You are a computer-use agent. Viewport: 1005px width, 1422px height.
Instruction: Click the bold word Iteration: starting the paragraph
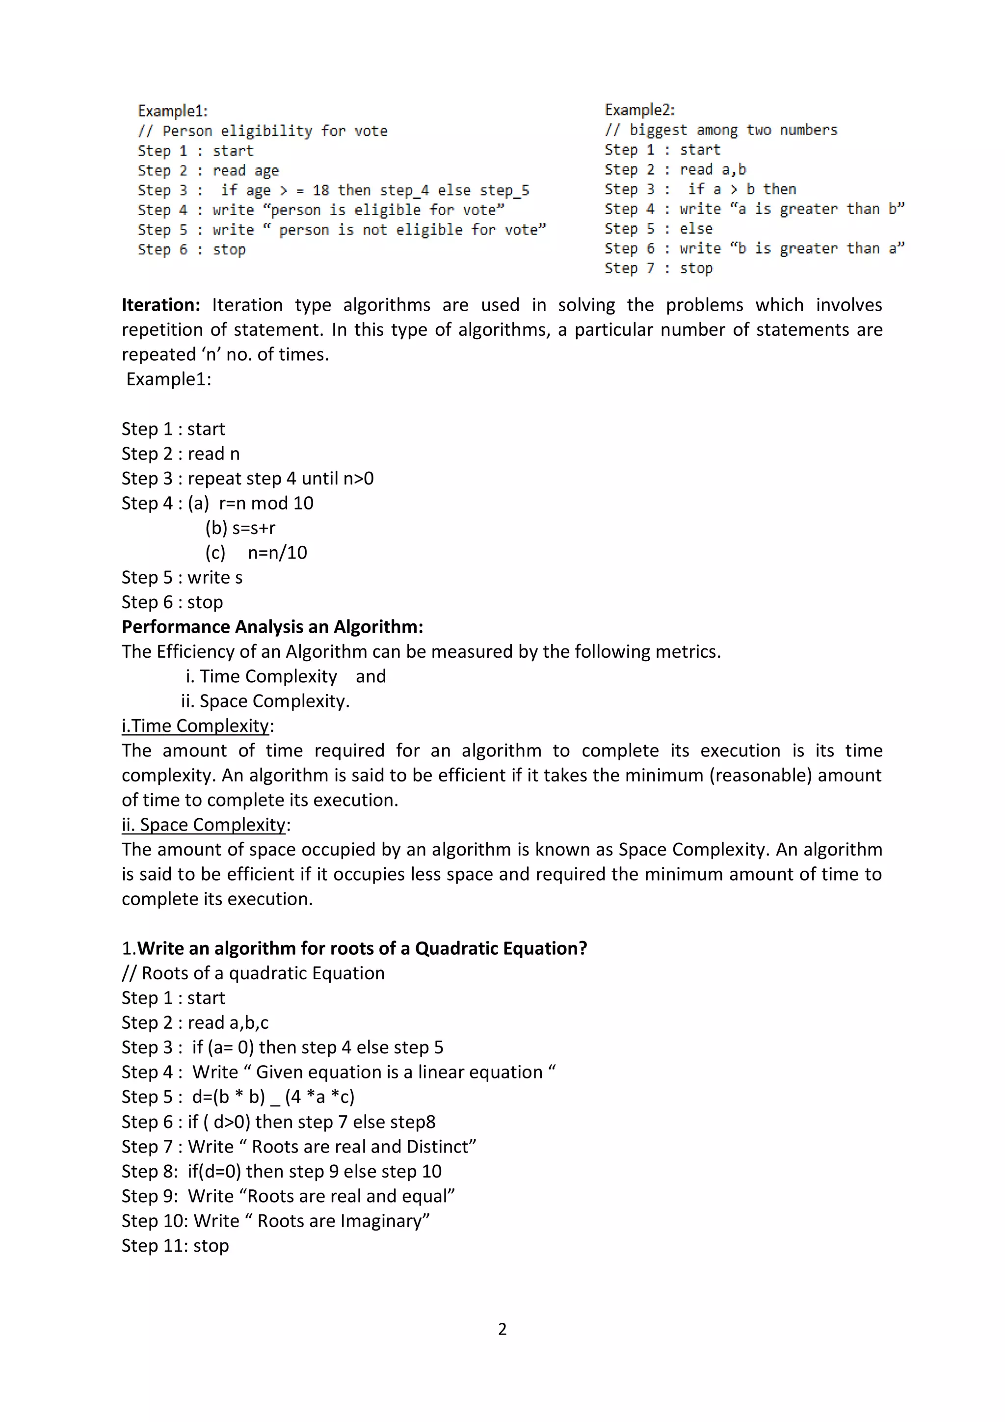tap(161, 305)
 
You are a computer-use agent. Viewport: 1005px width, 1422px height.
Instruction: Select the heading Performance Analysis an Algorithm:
tap(272, 627)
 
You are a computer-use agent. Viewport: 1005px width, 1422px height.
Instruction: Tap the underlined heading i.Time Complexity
tap(196, 726)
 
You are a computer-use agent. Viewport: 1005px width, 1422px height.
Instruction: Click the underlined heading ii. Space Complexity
tap(204, 825)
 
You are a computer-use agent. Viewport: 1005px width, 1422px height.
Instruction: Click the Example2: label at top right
tap(639, 110)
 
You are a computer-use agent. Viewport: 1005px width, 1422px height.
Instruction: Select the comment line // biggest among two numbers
tap(721, 130)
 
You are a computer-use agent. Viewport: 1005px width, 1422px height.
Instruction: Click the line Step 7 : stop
tap(658, 268)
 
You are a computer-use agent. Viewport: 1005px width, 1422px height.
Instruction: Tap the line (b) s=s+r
tap(240, 528)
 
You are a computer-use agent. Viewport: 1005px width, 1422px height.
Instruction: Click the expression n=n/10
tap(277, 552)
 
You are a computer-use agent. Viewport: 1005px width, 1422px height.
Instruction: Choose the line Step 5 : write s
tap(182, 577)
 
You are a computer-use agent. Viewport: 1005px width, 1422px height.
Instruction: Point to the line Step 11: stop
tap(175, 1245)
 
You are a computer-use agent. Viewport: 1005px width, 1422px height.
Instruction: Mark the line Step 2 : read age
tap(208, 170)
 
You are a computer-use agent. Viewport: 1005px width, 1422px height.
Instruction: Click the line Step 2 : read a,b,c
tap(195, 1022)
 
